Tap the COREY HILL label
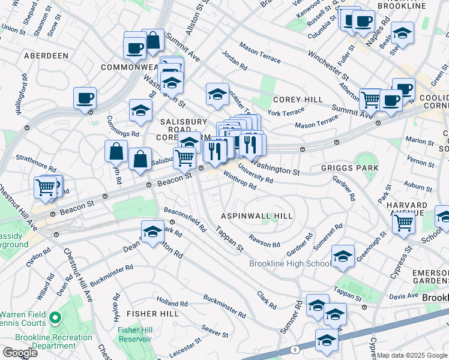(x=298, y=100)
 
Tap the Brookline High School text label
(x=290, y=264)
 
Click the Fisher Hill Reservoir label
(x=134, y=335)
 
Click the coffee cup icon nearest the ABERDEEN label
(x=85, y=98)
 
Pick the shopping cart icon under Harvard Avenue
(x=404, y=223)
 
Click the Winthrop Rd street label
(x=240, y=181)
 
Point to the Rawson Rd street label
(x=265, y=241)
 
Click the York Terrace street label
(x=283, y=112)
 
